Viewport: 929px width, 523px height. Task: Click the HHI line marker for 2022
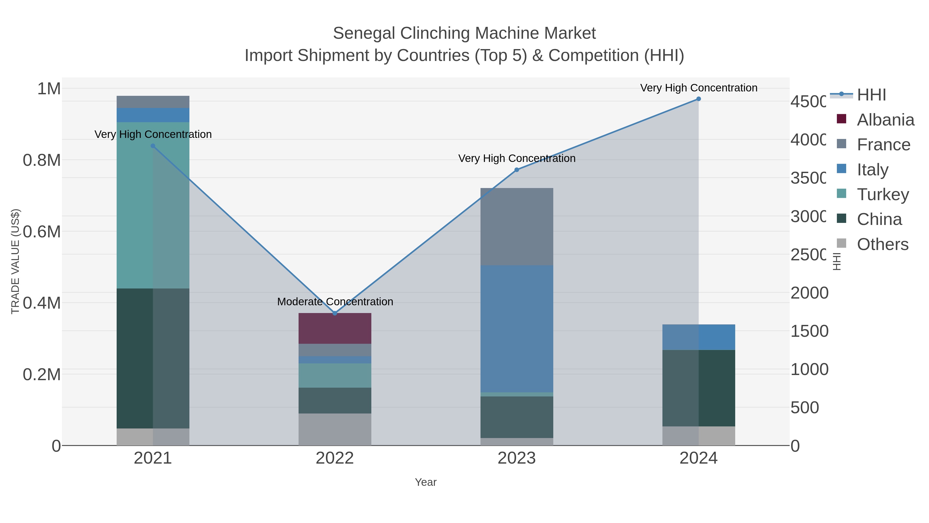click(x=335, y=313)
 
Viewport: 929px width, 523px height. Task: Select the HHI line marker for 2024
click(x=699, y=99)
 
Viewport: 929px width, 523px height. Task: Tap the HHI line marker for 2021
click(x=153, y=146)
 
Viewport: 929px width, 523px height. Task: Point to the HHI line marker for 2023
click(x=516, y=170)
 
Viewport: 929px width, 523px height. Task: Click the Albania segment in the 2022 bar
click(x=335, y=329)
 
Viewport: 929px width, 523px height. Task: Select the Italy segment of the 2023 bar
click(x=516, y=329)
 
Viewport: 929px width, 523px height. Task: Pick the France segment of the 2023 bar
click(x=516, y=227)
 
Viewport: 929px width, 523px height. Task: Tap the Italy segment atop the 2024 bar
click(x=699, y=337)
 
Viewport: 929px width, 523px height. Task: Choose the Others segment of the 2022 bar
click(x=335, y=429)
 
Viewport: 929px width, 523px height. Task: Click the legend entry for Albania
click(x=885, y=120)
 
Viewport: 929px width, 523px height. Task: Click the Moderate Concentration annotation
click(x=335, y=302)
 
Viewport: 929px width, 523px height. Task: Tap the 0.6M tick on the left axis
click(x=42, y=232)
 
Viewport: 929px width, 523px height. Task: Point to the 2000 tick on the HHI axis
click(x=809, y=293)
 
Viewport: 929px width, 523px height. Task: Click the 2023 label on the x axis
click(x=516, y=458)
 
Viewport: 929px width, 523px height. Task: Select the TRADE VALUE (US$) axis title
click(x=15, y=261)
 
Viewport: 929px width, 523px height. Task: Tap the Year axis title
click(x=426, y=482)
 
